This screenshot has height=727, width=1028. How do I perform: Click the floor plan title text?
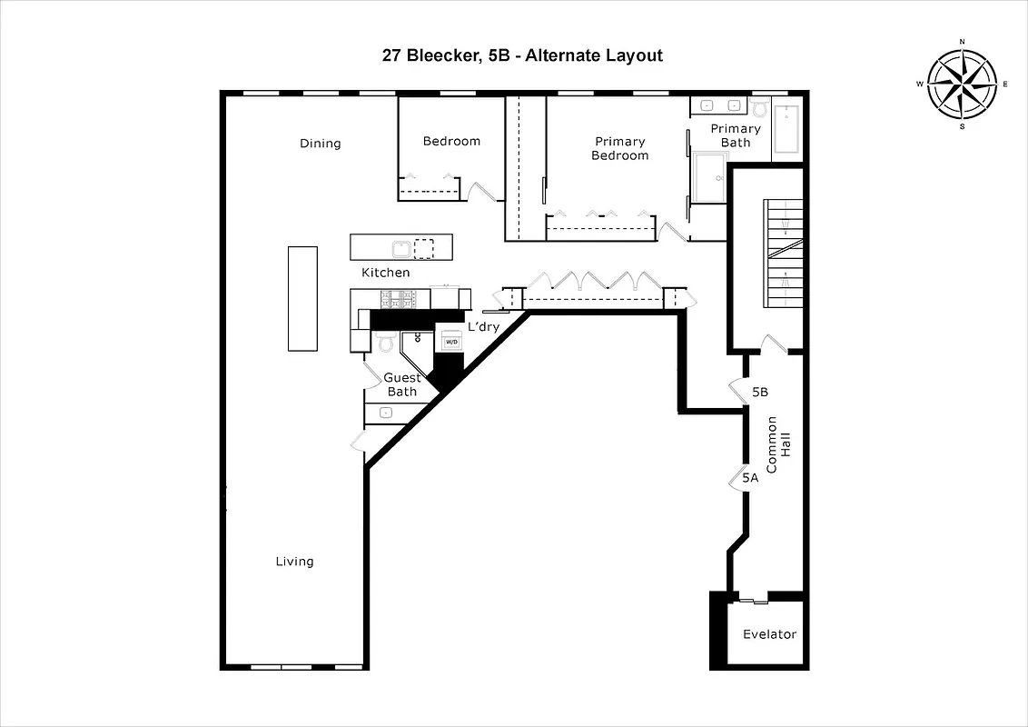tap(522, 55)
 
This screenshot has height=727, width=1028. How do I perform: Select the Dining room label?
tap(321, 144)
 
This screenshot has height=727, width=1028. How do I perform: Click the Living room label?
tap(294, 562)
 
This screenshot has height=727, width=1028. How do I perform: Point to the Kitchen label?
tap(385, 273)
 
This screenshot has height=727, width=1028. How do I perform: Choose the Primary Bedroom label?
tap(620, 148)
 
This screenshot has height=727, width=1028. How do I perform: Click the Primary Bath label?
tap(736, 135)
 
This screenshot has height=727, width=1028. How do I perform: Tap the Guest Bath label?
tap(401, 384)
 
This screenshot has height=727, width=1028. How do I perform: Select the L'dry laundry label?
tap(483, 327)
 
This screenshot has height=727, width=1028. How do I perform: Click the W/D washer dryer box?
tap(451, 342)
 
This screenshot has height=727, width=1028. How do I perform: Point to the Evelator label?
tap(769, 634)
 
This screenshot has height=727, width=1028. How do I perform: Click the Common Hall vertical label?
tap(778, 445)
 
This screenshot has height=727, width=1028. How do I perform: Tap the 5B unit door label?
tap(761, 393)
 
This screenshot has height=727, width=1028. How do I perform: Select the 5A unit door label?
tap(750, 477)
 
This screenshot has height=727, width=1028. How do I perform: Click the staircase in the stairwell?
tap(783, 241)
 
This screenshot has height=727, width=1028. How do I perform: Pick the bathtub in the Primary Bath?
tap(786, 131)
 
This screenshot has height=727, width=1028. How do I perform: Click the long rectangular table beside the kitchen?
tap(302, 298)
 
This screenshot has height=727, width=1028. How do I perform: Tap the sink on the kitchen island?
tap(400, 247)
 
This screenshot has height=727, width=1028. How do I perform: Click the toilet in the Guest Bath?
tap(385, 343)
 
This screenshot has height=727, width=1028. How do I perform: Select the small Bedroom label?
tap(451, 141)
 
